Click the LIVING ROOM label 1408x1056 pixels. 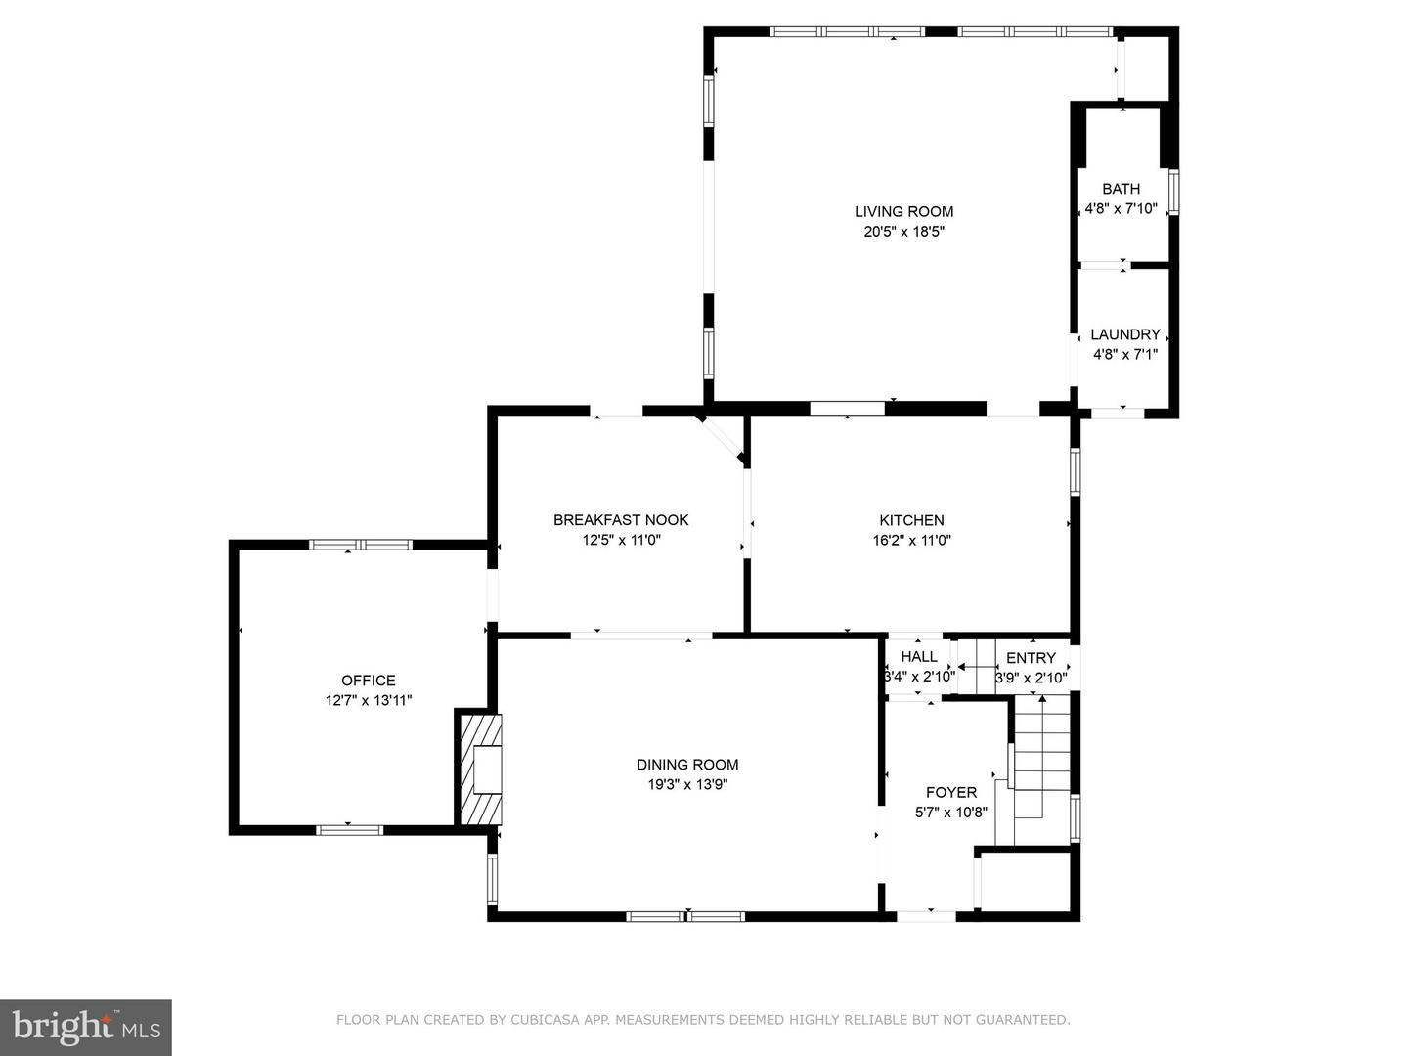(903, 211)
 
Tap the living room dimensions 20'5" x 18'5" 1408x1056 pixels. (903, 232)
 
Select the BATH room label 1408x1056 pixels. (1121, 189)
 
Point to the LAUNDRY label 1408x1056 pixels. (1125, 334)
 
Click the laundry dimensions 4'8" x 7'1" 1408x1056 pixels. (1125, 354)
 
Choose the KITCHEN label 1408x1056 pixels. (911, 520)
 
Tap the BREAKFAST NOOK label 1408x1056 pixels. (621, 520)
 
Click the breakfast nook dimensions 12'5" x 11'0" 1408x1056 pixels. (621, 540)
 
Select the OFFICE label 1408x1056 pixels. (369, 681)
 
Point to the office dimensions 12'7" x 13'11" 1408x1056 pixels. (369, 700)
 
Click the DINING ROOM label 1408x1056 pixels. (687, 765)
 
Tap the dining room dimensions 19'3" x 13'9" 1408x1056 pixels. (687, 784)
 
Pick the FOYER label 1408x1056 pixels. (950, 792)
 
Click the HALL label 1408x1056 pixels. (918, 656)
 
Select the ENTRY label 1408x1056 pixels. (1031, 658)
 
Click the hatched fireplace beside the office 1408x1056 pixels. (478, 769)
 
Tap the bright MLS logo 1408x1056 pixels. (86, 1027)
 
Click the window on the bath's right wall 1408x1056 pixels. (1173, 192)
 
